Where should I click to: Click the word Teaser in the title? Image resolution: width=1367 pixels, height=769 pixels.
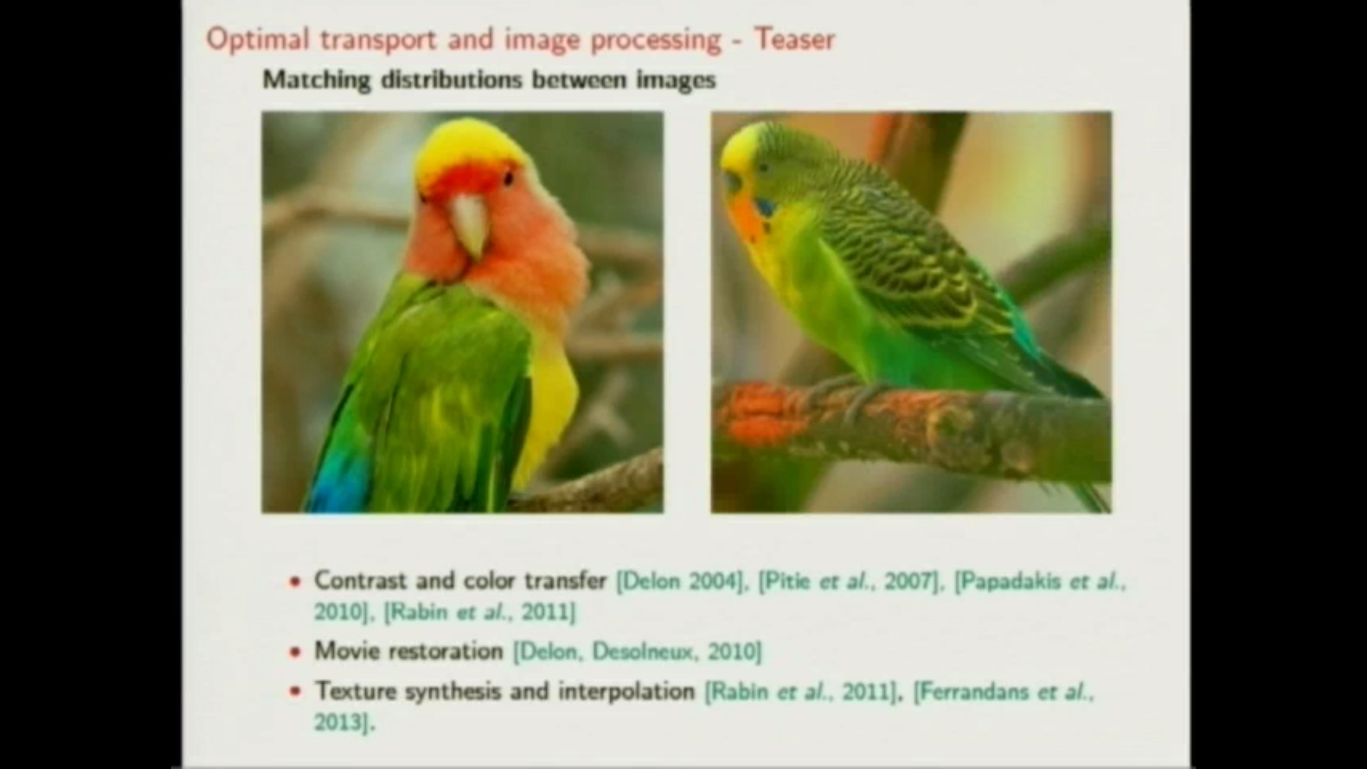coord(795,39)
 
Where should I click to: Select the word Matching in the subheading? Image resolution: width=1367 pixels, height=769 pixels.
coord(317,80)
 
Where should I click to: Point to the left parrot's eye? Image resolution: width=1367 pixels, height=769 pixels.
coord(508,177)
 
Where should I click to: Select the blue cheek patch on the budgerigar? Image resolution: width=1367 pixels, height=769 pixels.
coord(765,208)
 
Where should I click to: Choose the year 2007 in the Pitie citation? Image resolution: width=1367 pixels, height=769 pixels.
coord(908,581)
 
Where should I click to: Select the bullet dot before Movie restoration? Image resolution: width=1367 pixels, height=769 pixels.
coord(295,652)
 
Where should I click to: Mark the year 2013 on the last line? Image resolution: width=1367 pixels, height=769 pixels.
coord(340,723)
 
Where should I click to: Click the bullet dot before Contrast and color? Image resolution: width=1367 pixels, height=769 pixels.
coord(295,582)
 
